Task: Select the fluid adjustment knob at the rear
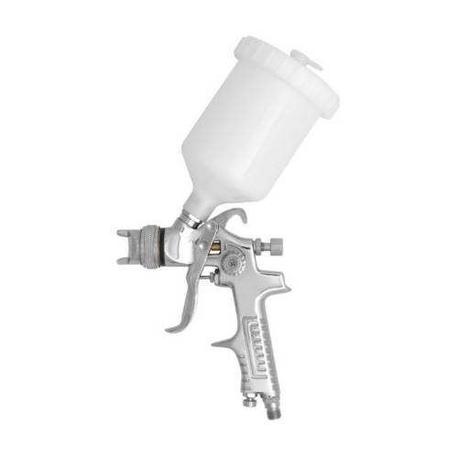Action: point(272,245)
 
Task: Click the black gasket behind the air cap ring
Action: point(167,245)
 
